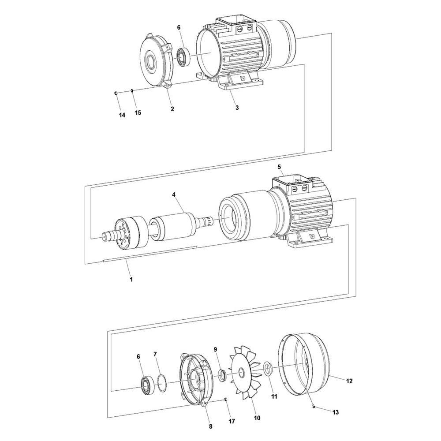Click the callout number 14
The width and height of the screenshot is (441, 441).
pyautogui.click(x=122, y=115)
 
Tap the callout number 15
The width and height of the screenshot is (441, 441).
pyautogui.click(x=138, y=113)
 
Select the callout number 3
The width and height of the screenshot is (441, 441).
pyautogui.click(x=237, y=108)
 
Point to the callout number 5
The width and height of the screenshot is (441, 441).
pyautogui.click(x=279, y=167)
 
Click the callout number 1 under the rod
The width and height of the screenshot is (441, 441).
pyautogui.click(x=131, y=279)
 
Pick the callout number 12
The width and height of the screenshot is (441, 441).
pyautogui.click(x=349, y=380)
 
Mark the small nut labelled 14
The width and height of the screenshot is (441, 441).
pyautogui.click(x=115, y=93)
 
